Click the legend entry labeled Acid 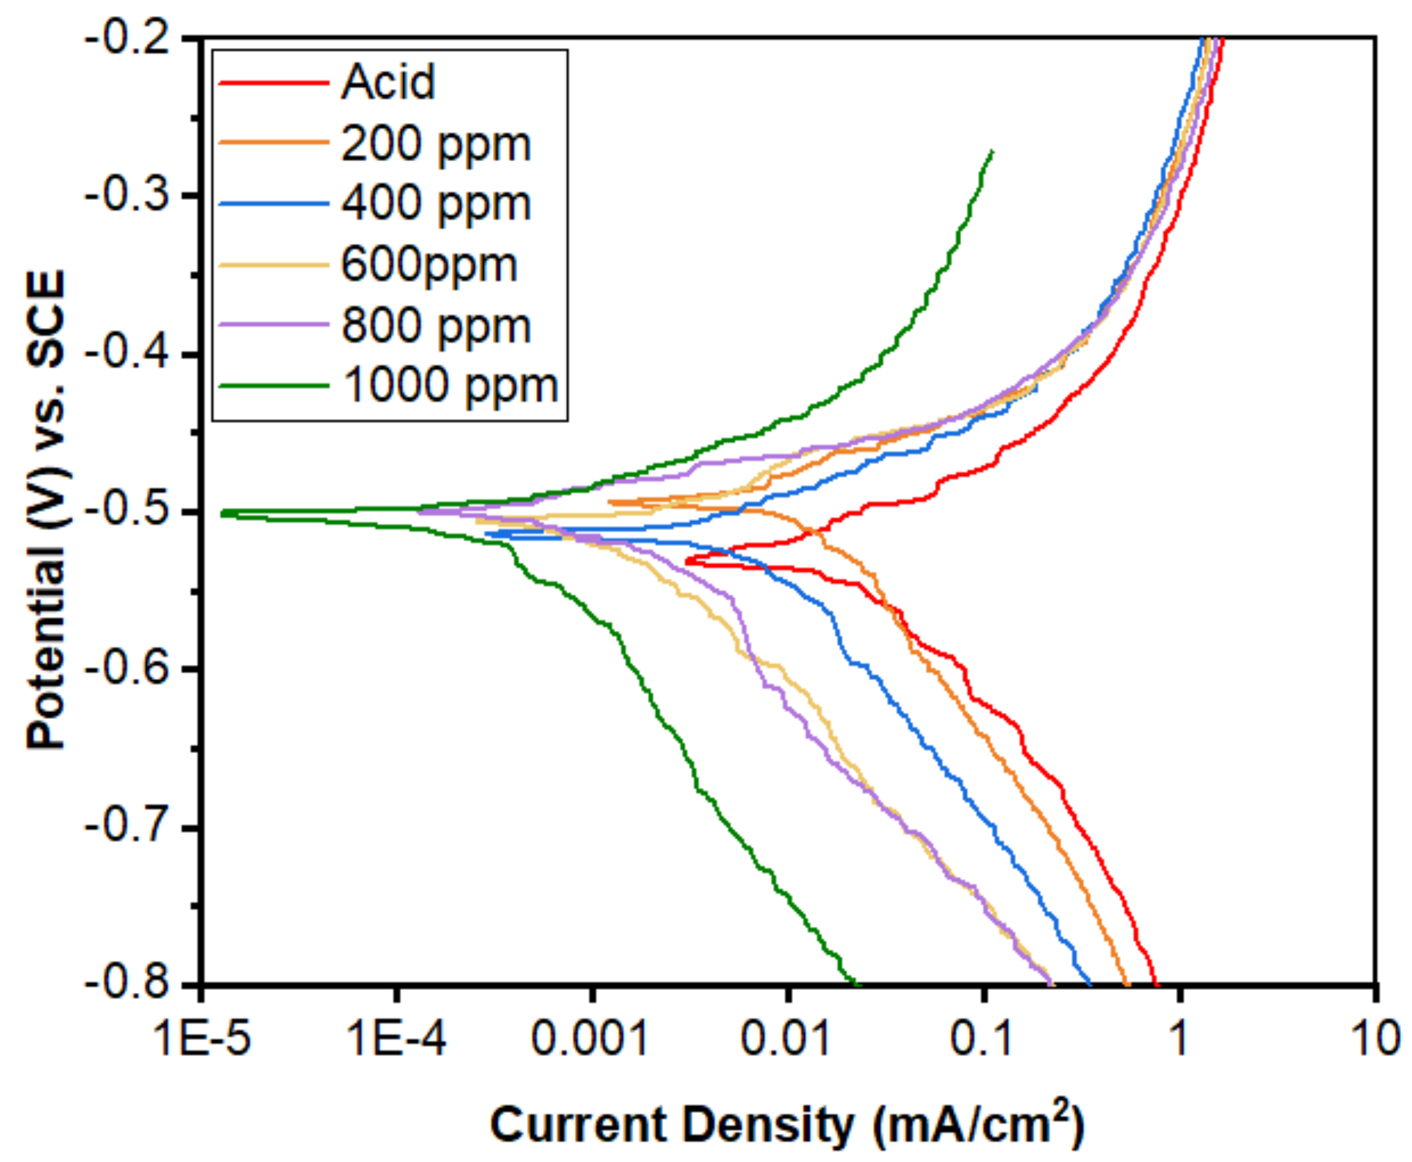388,83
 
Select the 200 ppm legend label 436,143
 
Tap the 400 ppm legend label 436,203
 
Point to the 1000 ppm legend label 450,386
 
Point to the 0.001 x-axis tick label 590,1040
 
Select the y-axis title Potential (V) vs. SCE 47,509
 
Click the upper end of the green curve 991,151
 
